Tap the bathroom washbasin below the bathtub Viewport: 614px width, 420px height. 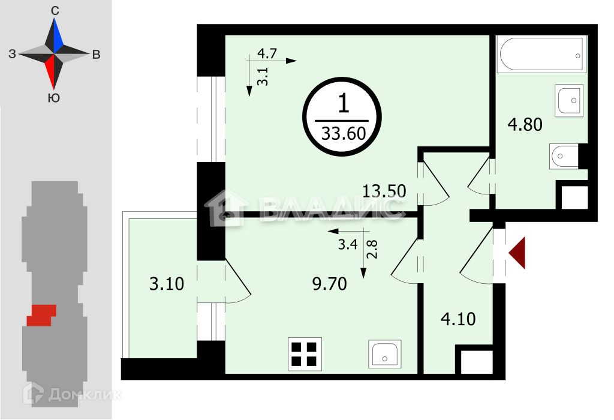[x=568, y=100]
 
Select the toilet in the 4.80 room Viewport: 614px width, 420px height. [x=564, y=157]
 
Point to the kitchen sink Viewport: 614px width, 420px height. [x=384, y=353]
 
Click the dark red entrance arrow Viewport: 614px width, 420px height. [x=517, y=253]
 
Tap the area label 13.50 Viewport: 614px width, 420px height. [x=384, y=192]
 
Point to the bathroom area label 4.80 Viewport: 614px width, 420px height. [x=525, y=125]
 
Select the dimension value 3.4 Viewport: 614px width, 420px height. [x=348, y=244]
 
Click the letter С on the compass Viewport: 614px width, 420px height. [x=55, y=11]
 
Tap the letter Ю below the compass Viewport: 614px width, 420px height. [x=53, y=98]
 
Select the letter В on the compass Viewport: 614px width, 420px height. [x=96, y=55]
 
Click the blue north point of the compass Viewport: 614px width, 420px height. [x=57, y=37]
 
